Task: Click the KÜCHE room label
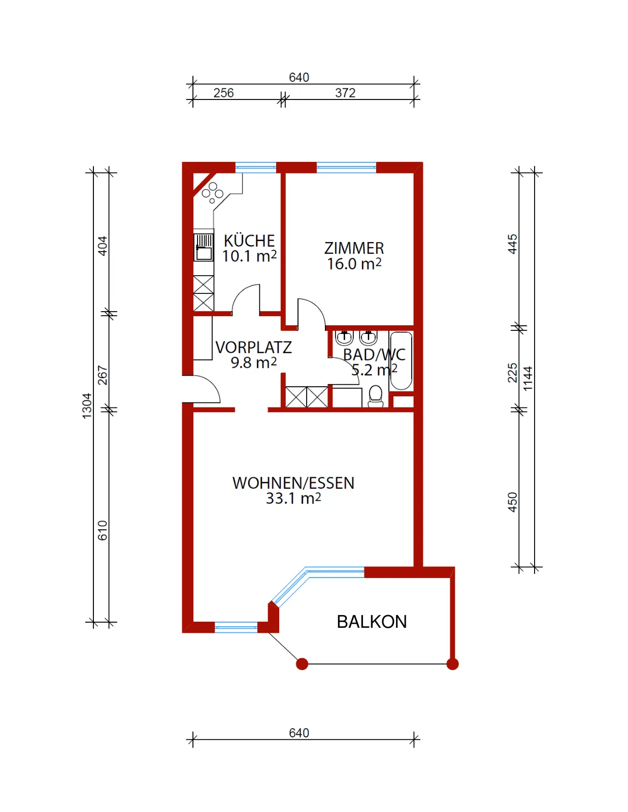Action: [x=249, y=241]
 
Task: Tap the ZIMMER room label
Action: [x=354, y=248]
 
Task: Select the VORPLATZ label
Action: [x=253, y=348]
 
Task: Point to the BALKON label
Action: [x=372, y=622]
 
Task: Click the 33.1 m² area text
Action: [x=293, y=498]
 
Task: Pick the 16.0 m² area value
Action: [x=354, y=264]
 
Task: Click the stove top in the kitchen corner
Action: [x=212, y=192]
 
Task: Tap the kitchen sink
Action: [x=204, y=247]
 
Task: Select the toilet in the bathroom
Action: [x=376, y=396]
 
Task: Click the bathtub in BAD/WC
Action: [x=401, y=361]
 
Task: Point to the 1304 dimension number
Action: [x=87, y=406]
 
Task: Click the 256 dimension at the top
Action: [x=223, y=93]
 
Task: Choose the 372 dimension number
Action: [x=345, y=93]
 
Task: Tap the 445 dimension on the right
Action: [x=512, y=244]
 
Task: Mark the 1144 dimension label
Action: [x=528, y=379]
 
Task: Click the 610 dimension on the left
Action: [x=103, y=530]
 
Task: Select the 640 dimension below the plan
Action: [x=299, y=733]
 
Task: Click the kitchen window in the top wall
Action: [x=256, y=167]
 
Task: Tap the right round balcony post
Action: [x=453, y=664]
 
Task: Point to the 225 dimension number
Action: [x=512, y=373]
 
